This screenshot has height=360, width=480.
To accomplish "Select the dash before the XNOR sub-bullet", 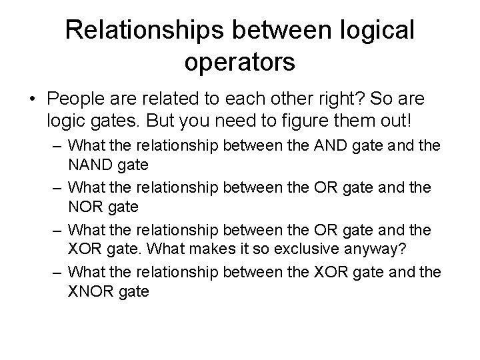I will [58, 272].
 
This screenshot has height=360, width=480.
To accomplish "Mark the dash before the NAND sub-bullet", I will [58, 145].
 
